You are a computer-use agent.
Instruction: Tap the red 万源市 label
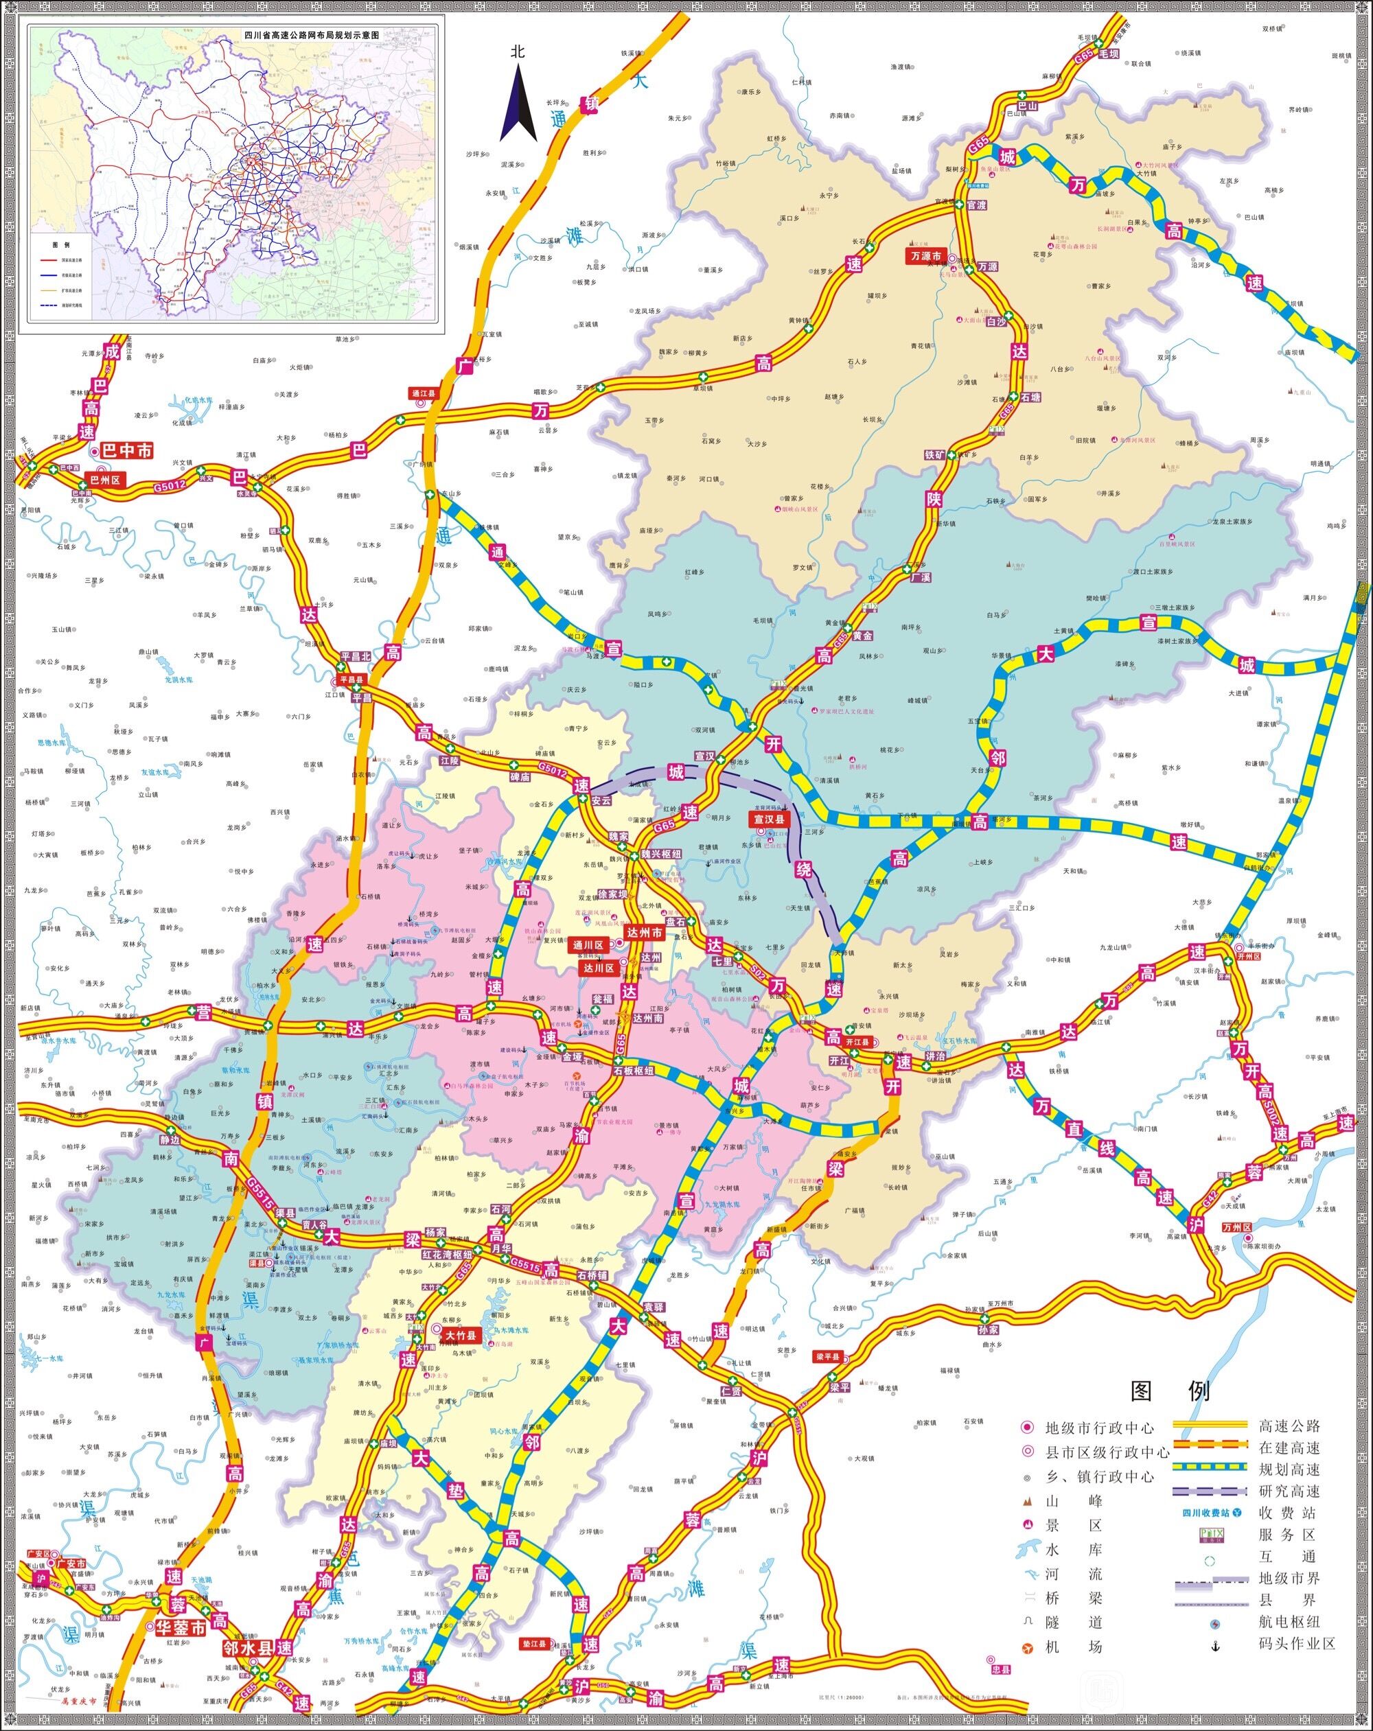pos(925,256)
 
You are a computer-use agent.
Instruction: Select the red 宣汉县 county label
pos(769,820)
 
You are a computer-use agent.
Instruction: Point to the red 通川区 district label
pos(588,946)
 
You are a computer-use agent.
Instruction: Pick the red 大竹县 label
pos(461,1336)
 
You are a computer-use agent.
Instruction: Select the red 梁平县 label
pos(828,1357)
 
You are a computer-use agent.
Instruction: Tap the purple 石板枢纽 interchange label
pos(634,1071)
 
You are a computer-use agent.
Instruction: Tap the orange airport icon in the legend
pos(1028,1647)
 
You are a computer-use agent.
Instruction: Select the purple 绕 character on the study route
pos(805,869)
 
